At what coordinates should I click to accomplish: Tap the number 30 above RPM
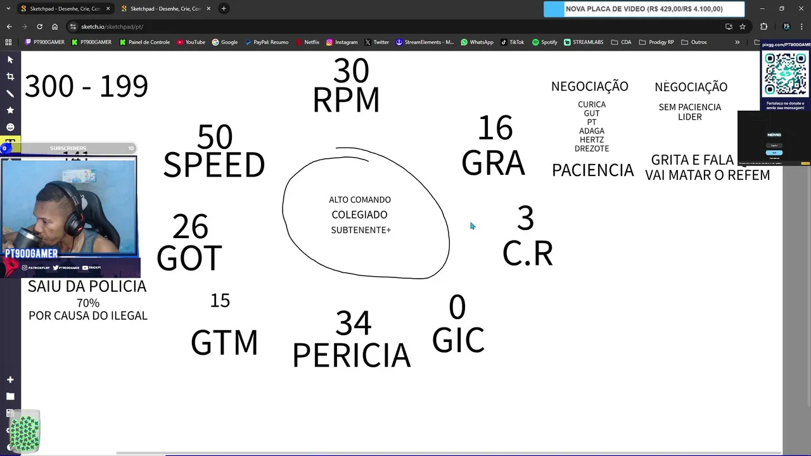351,71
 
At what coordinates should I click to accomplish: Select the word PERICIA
351,355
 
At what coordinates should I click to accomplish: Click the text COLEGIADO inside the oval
359,215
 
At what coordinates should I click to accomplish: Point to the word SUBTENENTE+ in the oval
361,230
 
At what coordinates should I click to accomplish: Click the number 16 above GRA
495,129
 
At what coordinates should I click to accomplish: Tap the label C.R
527,254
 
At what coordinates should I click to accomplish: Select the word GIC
458,340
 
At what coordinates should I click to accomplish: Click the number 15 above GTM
220,300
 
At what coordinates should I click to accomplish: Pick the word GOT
189,258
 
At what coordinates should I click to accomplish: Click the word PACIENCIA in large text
592,170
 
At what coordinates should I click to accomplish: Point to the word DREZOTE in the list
592,149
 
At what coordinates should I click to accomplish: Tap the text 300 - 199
86,86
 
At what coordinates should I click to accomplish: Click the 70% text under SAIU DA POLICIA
88,303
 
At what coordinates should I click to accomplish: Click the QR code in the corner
785,73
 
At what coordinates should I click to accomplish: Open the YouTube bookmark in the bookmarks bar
191,42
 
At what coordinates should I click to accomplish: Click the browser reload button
39,27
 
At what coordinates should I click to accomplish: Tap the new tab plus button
224,9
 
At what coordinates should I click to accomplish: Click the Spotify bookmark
544,42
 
